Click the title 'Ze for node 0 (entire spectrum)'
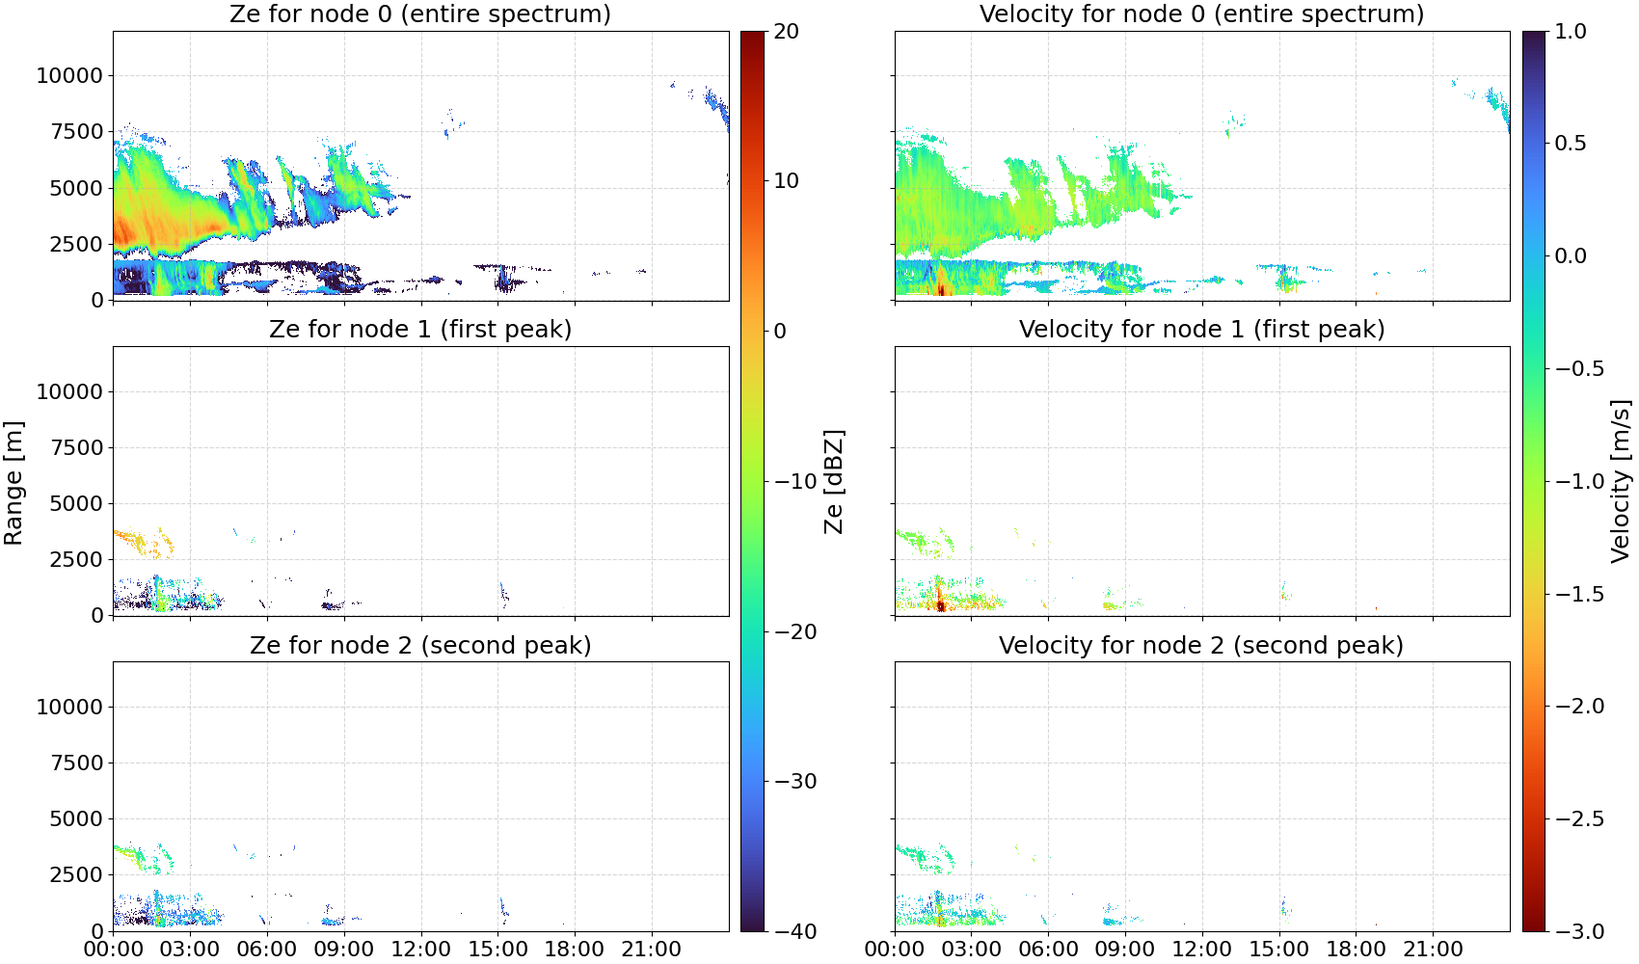point(420,13)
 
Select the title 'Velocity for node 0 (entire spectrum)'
point(1201,13)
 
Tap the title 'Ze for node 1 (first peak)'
point(420,329)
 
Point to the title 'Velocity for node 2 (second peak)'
point(1201,645)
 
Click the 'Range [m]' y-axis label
point(13,483)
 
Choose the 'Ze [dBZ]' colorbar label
point(833,481)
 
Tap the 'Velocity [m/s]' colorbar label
point(1620,481)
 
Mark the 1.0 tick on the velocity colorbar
point(1571,32)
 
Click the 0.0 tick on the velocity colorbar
point(1571,256)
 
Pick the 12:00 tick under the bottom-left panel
point(420,950)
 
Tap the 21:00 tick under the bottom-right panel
point(1433,950)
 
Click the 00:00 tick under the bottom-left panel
point(114,950)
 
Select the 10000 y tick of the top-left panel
point(70,75)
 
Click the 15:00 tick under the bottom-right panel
point(1279,950)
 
